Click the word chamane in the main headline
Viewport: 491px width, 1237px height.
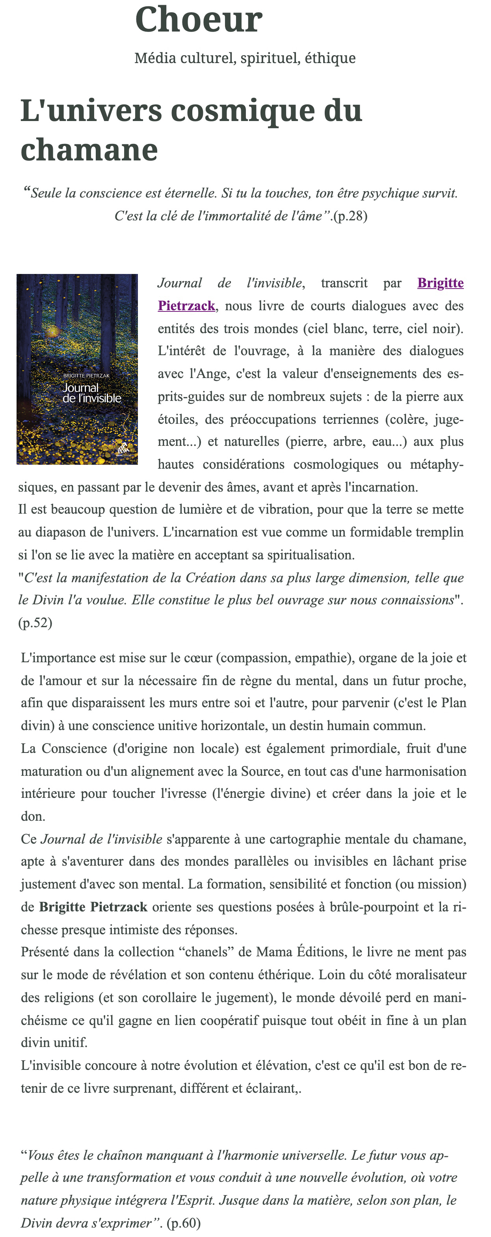click(89, 149)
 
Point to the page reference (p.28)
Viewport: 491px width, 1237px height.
click(351, 216)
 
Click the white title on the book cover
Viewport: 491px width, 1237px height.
click(91, 393)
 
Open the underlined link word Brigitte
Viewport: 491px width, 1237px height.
click(440, 283)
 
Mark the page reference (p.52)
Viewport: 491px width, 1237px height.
click(35, 623)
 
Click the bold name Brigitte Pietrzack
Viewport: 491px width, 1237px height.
click(93, 907)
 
